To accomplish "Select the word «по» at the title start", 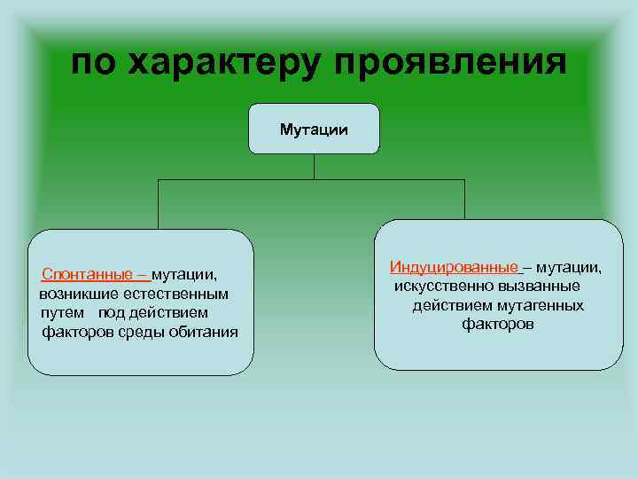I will pyautogui.click(x=94, y=63).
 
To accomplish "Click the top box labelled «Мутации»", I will pyautogui.click(x=314, y=130).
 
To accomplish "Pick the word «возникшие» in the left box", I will pyautogui.click(x=74, y=294).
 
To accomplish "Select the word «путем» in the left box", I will pyautogui.click(x=62, y=312).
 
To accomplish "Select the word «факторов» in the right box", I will pyautogui.click(x=497, y=325).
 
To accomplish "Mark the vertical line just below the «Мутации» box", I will pyautogui.click(x=314, y=167).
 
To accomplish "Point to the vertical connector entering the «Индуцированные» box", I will pyautogui.click(x=464, y=200).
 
